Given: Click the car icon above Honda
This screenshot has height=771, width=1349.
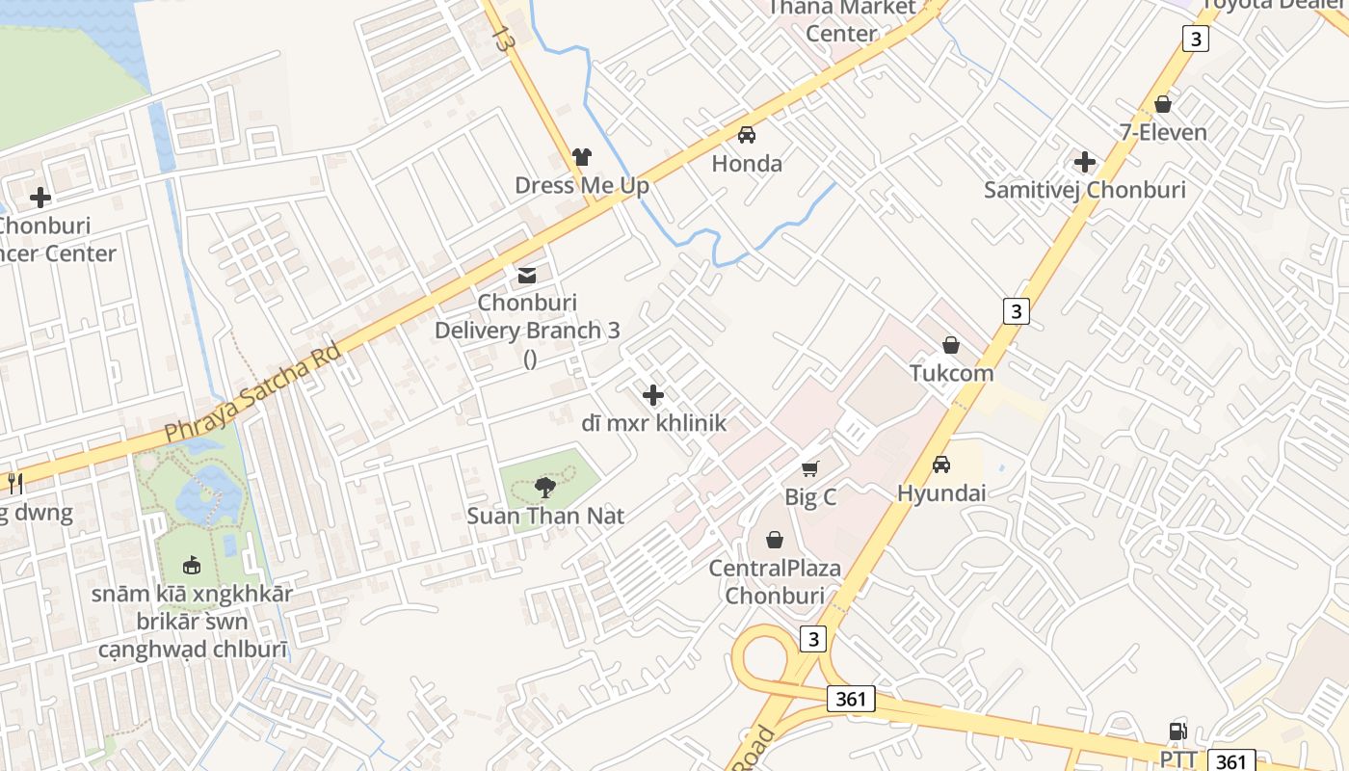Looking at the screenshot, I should tap(747, 135).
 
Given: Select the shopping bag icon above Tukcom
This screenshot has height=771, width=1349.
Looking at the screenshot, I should tap(951, 345).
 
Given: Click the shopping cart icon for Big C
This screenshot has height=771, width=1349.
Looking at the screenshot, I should tap(810, 468).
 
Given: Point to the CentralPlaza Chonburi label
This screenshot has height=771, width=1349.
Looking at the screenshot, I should tap(775, 581).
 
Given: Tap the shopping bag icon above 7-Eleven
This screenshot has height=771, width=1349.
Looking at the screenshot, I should tap(1163, 103).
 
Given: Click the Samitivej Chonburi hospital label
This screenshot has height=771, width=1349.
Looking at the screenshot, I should tap(1084, 190).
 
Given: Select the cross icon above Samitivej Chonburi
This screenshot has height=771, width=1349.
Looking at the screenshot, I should tap(1085, 162).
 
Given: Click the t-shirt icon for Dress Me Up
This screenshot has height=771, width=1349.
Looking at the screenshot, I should tap(581, 156).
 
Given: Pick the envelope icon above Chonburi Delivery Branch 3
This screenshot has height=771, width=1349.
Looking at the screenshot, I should tap(526, 277).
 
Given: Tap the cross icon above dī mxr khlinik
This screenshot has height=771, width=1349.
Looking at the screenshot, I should tap(653, 395).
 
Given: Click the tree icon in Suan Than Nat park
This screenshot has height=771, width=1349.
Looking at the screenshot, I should tap(545, 487).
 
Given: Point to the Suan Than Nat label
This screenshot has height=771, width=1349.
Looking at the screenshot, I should tap(545, 516).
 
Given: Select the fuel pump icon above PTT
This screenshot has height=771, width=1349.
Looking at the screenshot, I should tap(1177, 731).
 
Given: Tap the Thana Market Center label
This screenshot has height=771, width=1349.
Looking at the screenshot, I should tap(841, 20).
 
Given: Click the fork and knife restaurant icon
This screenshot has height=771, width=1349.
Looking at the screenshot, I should tap(15, 483).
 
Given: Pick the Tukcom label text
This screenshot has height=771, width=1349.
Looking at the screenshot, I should tap(952, 372).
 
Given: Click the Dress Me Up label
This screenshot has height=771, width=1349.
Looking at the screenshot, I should tap(582, 185).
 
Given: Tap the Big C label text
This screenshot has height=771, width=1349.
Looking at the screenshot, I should tap(810, 497).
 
